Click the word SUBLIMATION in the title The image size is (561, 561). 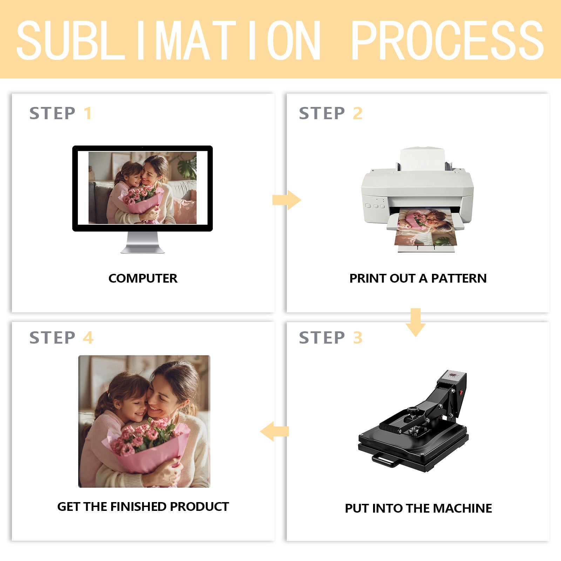(168, 40)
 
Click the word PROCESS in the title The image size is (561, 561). (447, 40)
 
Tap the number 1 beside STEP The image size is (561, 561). (88, 113)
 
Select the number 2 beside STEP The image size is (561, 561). (358, 113)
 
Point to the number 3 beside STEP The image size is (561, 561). (358, 338)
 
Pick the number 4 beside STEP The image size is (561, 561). (88, 338)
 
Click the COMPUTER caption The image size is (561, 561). (143, 278)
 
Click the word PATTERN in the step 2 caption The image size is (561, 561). (459, 278)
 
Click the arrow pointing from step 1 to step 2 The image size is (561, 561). (287, 200)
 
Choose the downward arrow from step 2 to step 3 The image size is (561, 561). (415, 323)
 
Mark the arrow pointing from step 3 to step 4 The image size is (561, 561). (275, 431)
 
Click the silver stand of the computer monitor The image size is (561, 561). (142, 242)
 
